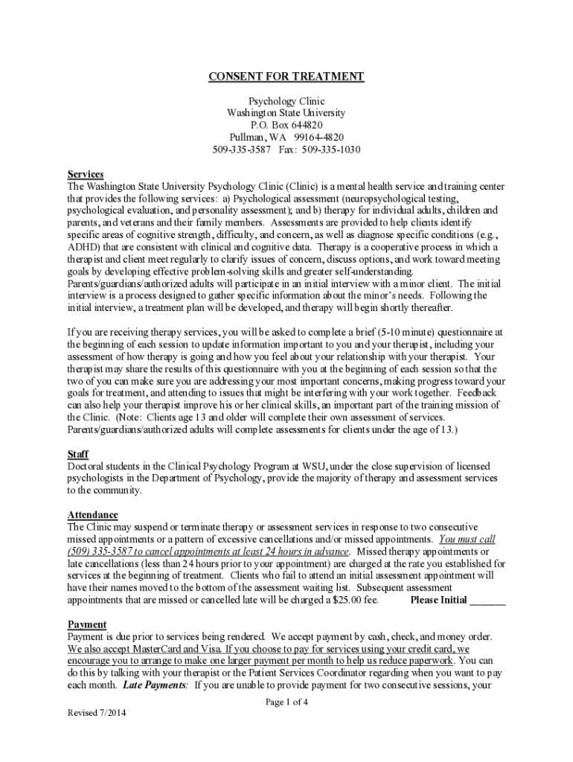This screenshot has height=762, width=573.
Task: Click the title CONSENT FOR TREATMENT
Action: [286, 77]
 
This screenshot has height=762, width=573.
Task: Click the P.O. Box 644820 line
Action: [286, 125]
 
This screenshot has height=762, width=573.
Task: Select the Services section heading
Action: [86, 173]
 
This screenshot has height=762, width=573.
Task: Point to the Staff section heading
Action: [78, 454]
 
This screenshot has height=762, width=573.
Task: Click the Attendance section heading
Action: [92, 515]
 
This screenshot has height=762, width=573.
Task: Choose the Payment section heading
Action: [87, 624]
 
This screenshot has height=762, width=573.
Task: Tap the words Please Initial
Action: [439, 600]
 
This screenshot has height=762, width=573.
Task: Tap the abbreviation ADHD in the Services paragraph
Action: [83, 247]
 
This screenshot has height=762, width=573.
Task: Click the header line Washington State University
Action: [286, 113]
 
